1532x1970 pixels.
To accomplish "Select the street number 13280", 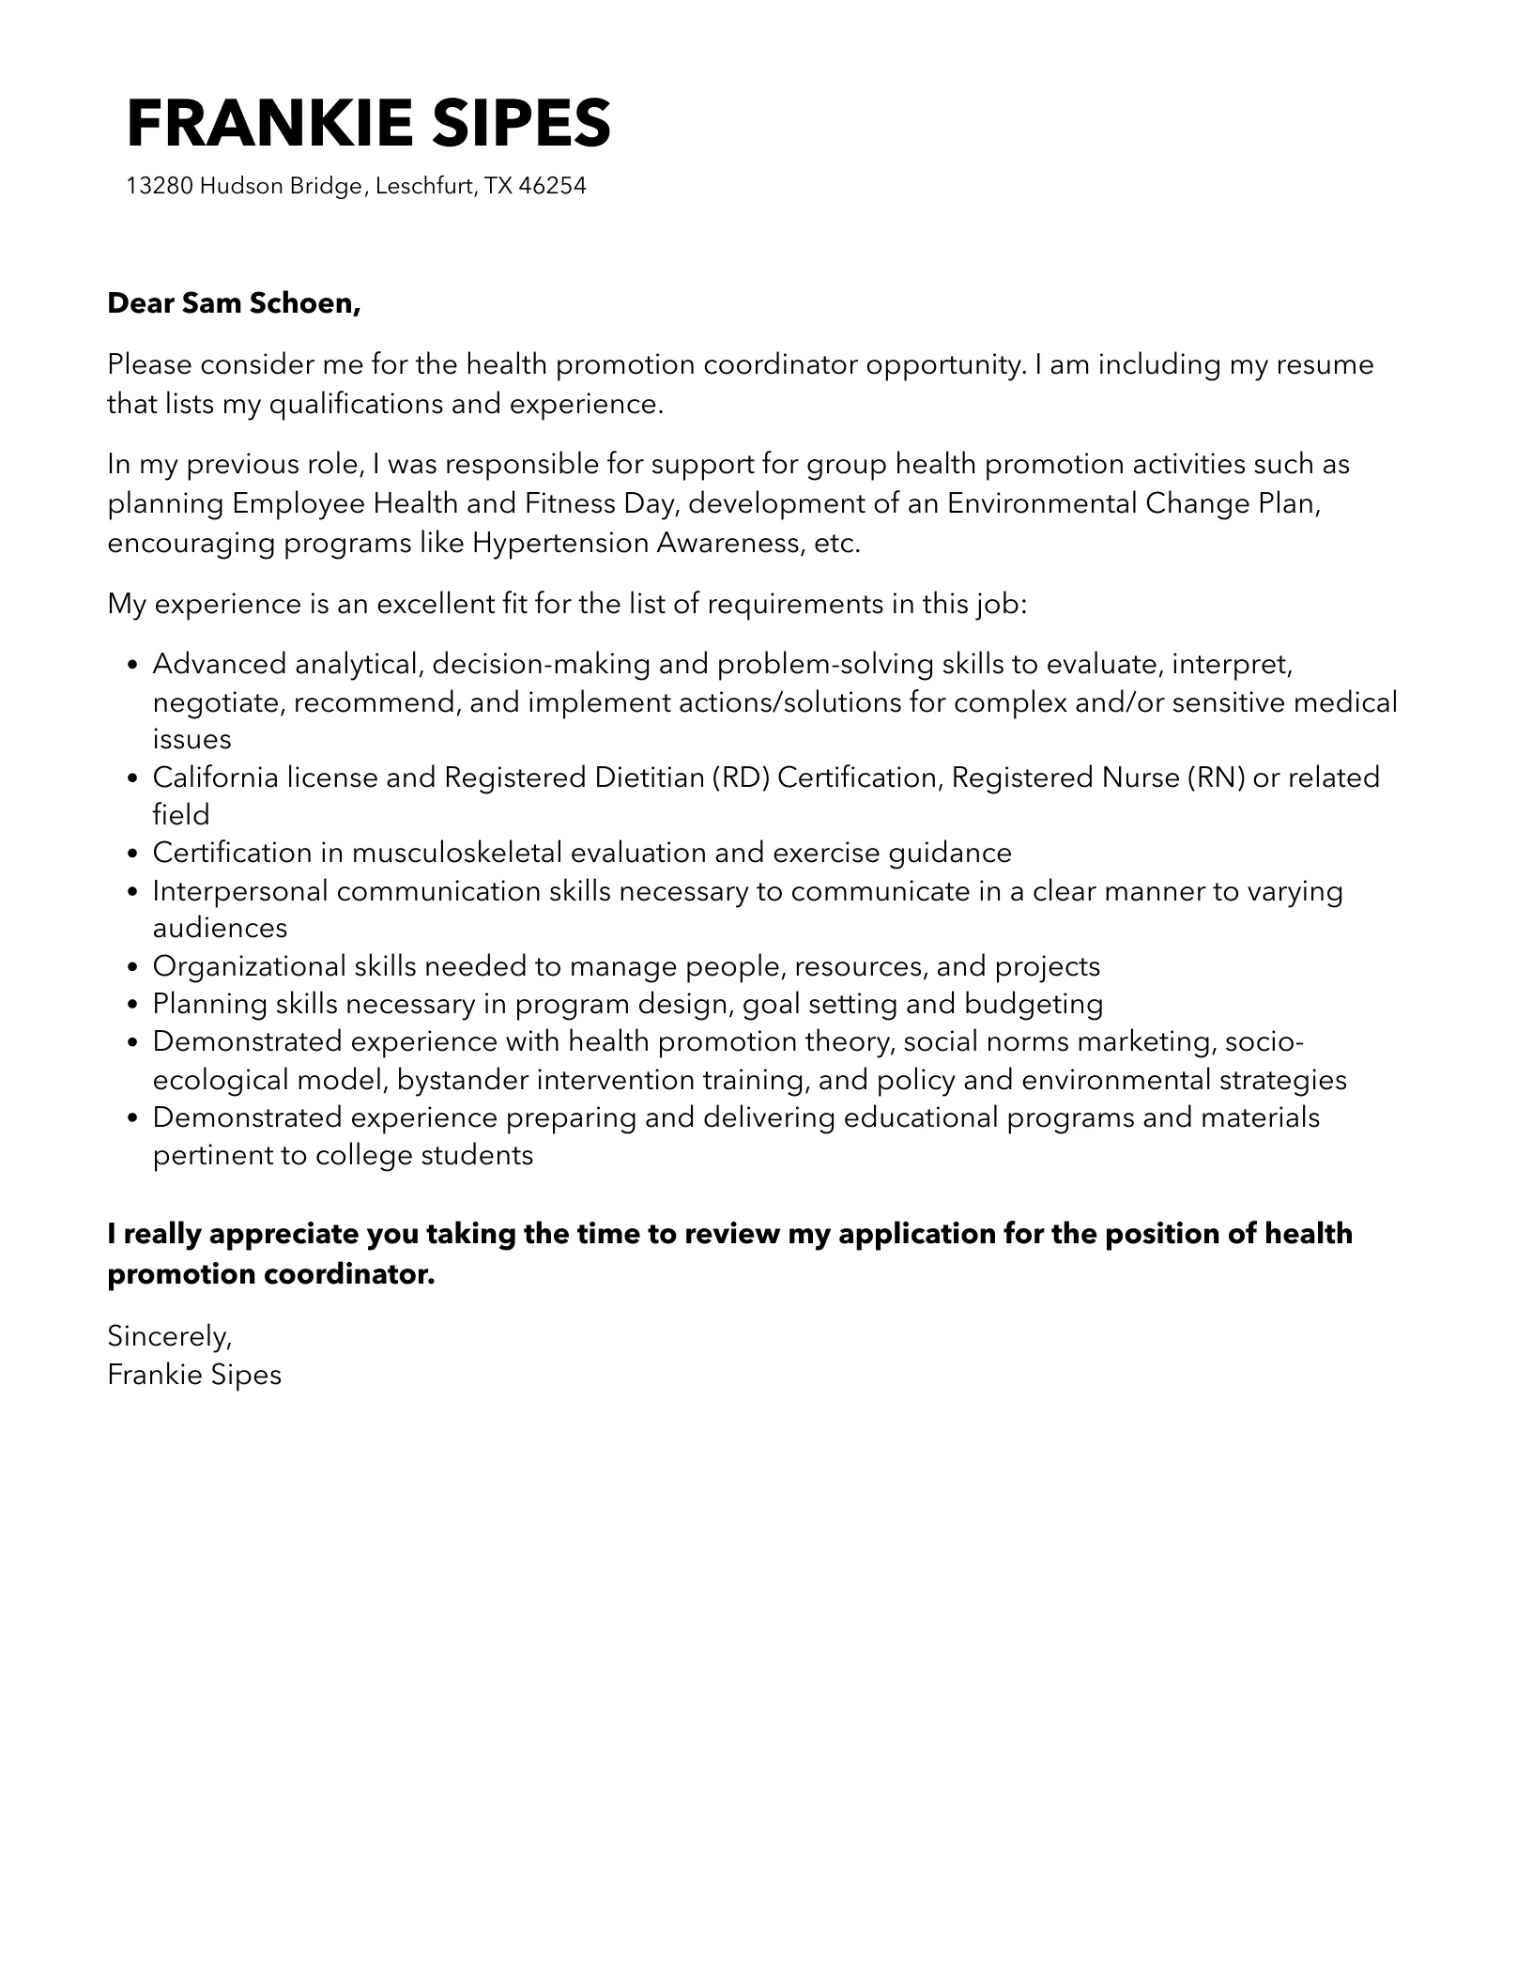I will click(160, 186).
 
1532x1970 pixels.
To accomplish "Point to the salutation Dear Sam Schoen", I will click(234, 303).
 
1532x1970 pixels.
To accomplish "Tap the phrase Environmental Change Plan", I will click(1134, 504).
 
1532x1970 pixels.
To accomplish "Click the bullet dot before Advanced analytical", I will click(132, 666).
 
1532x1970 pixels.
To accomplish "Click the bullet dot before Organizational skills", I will click(132, 967).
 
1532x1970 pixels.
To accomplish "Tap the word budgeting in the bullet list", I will click(1033, 1004).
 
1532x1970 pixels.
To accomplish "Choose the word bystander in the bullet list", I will click(462, 1080).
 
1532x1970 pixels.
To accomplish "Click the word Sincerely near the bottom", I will click(169, 1335).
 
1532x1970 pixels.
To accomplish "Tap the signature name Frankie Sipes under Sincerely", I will click(194, 1375).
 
